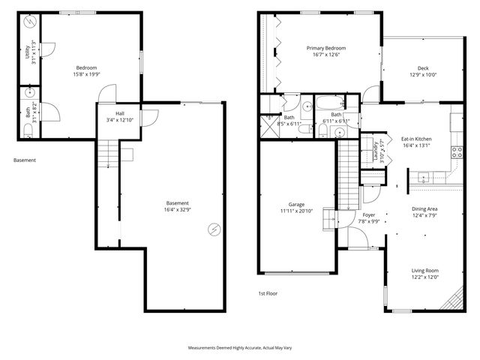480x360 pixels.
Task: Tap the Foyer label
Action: [x=369, y=214]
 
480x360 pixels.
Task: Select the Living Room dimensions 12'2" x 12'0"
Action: [x=424, y=277]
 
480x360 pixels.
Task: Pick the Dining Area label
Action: [x=424, y=209]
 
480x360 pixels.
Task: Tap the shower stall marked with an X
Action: [x=268, y=124]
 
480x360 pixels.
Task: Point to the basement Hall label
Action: [x=109, y=113]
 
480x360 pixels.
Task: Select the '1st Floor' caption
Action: [x=268, y=293]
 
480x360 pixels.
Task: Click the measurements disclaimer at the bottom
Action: [x=239, y=349]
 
